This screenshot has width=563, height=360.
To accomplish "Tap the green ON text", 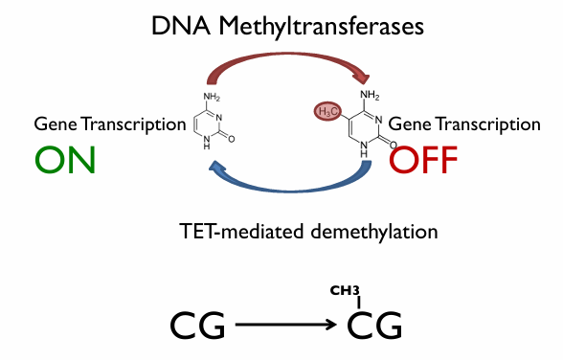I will pos(65,159).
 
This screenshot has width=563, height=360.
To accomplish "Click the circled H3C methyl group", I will pos(327,112).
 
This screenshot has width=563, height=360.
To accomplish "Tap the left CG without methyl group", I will pos(198,326).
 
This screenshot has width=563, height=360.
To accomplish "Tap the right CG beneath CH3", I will pos(374,326).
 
